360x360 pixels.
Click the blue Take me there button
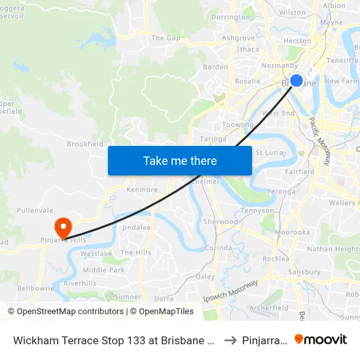point(180,160)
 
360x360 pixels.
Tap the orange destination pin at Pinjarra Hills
point(63,228)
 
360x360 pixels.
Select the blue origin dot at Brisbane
point(296,81)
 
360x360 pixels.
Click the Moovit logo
point(321,340)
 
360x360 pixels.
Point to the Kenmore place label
point(142,190)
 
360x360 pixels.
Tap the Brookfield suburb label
point(85,143)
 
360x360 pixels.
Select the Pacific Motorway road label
point(320,141)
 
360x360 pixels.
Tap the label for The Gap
point(166,38)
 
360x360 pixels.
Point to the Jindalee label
point(137,227)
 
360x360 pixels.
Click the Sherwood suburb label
point(221,221)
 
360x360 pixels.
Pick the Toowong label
point(238,124)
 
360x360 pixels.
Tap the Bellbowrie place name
point(32,287)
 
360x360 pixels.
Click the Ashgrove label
point(238,38)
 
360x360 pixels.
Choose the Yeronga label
point(281,192)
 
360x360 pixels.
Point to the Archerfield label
point(268,308)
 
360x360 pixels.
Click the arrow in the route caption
point(230,340)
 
